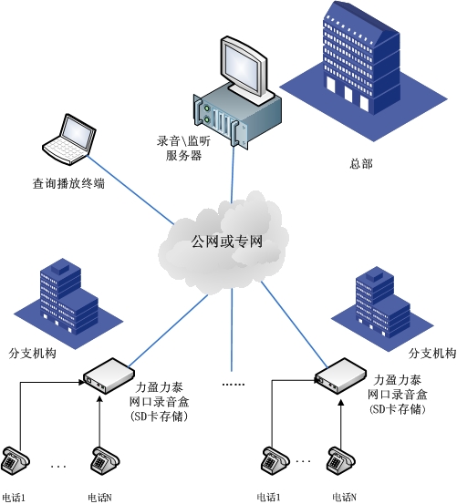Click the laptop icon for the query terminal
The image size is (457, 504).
point(69,139)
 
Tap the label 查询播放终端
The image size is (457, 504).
point(68,183)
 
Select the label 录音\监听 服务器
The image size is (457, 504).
point(183,149)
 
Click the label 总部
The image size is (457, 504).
point(361,164)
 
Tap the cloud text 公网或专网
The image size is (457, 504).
point(227,242)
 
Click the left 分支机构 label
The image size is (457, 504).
point(33,354)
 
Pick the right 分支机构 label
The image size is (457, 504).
point(432,354)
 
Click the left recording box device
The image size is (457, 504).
point(109,376)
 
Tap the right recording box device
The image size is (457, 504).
point(340,376)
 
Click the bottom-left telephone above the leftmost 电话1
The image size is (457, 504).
point(15,461)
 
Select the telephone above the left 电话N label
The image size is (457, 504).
point(105,461)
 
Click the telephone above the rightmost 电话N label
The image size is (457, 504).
point(341,461)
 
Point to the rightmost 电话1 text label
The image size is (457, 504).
point(268,498)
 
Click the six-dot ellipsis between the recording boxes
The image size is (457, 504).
point(234,384)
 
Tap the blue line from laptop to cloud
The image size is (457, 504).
point(130,190)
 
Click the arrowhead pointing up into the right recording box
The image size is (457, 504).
point(341,403)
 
